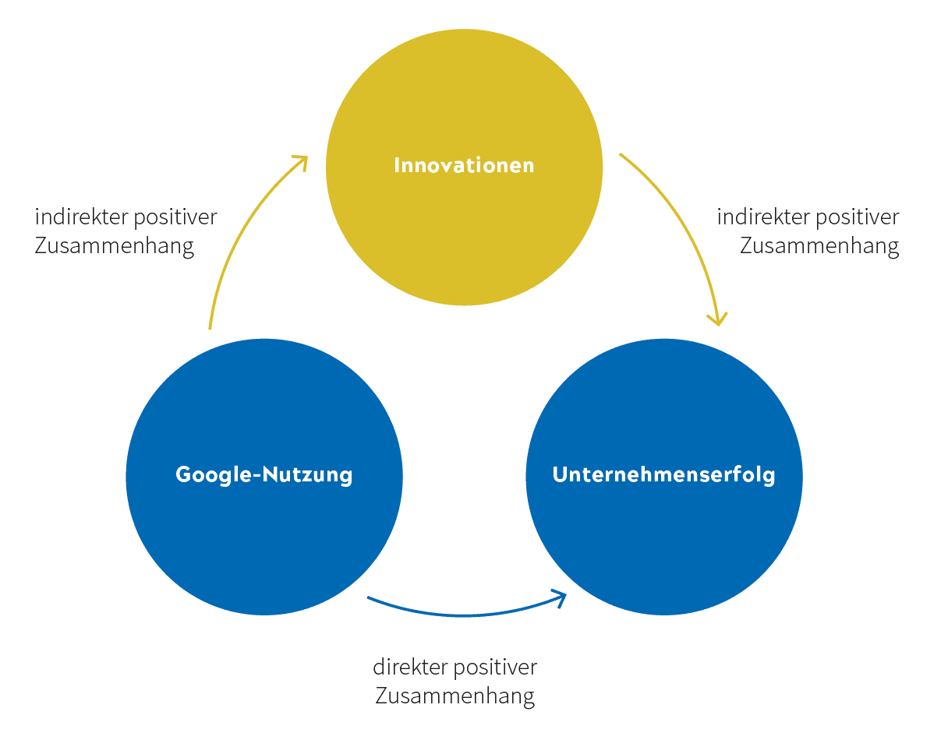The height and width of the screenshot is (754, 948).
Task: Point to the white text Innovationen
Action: [464, 165]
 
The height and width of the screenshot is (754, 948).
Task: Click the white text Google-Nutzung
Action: [264, 474]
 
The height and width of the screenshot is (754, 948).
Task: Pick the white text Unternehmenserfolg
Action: [664, 474]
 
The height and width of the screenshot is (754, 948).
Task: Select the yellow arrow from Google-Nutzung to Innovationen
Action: [234, 234]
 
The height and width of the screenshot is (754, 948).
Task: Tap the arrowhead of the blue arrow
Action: [560, 597]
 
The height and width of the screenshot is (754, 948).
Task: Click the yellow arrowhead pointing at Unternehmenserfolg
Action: [717, 319]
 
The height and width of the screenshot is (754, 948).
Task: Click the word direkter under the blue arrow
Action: [410, 668]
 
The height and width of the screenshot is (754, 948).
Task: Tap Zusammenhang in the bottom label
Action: [455, 696]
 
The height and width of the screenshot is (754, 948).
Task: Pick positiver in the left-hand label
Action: [175, 217]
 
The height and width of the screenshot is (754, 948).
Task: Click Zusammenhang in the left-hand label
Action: [115, 246]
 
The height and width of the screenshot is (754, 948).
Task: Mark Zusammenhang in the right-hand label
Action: [819, 246]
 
